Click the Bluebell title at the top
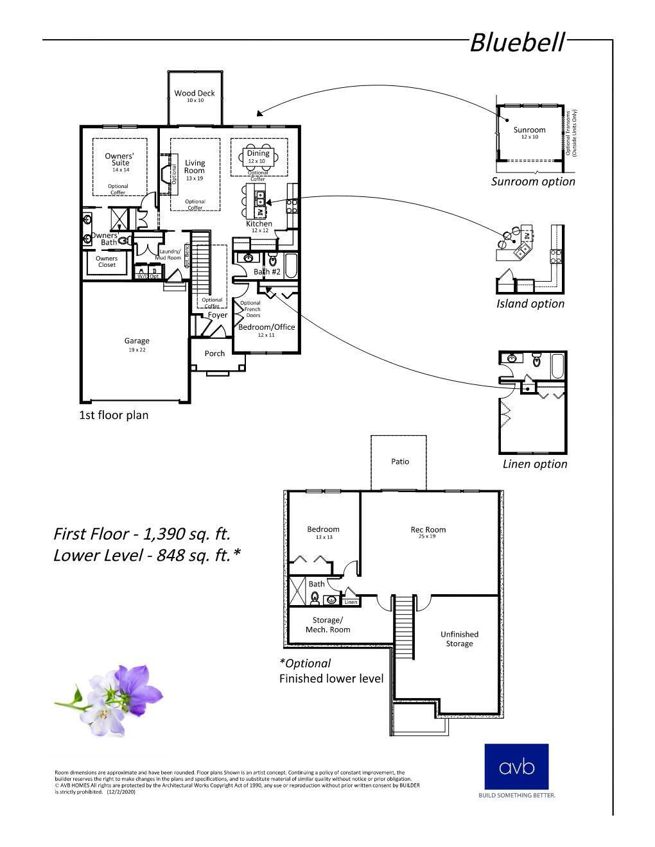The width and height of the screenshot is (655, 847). (517, 43)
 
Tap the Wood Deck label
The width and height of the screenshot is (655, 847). (195, 94)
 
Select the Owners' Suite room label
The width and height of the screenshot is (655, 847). (120, 159)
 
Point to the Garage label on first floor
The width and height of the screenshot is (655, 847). (137, 341)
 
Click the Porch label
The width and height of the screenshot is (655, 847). (214, 354)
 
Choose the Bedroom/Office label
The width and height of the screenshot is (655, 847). (266, 327)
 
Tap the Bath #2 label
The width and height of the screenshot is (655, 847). (267, 272)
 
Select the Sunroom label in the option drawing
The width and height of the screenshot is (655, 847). (529, 130)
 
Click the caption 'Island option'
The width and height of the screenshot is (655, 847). (530, 304)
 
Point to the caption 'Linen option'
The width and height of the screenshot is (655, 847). (535, 464)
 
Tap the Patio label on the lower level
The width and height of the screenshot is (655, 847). (400, 461)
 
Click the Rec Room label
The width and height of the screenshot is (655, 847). (428, 530)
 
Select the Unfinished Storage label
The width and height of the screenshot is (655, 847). (459, 639)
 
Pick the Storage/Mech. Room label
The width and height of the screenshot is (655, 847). (327, 625)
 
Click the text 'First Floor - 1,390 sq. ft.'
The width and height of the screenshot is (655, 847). (142, 534)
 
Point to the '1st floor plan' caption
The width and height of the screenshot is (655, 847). (114, 415)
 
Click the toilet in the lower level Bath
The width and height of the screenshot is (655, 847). (315, 598)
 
